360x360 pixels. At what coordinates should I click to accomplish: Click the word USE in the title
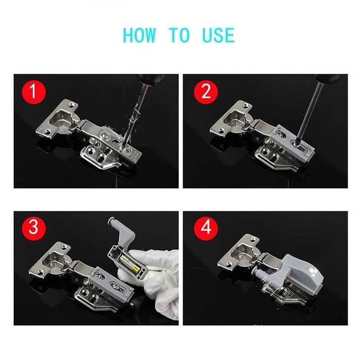pyautogui.click(x=218, y=35)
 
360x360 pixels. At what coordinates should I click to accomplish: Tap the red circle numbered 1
pyautogui.click(x=33, y=92)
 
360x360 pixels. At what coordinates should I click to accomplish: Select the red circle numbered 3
pyautogui.click(x=33, y=228)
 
